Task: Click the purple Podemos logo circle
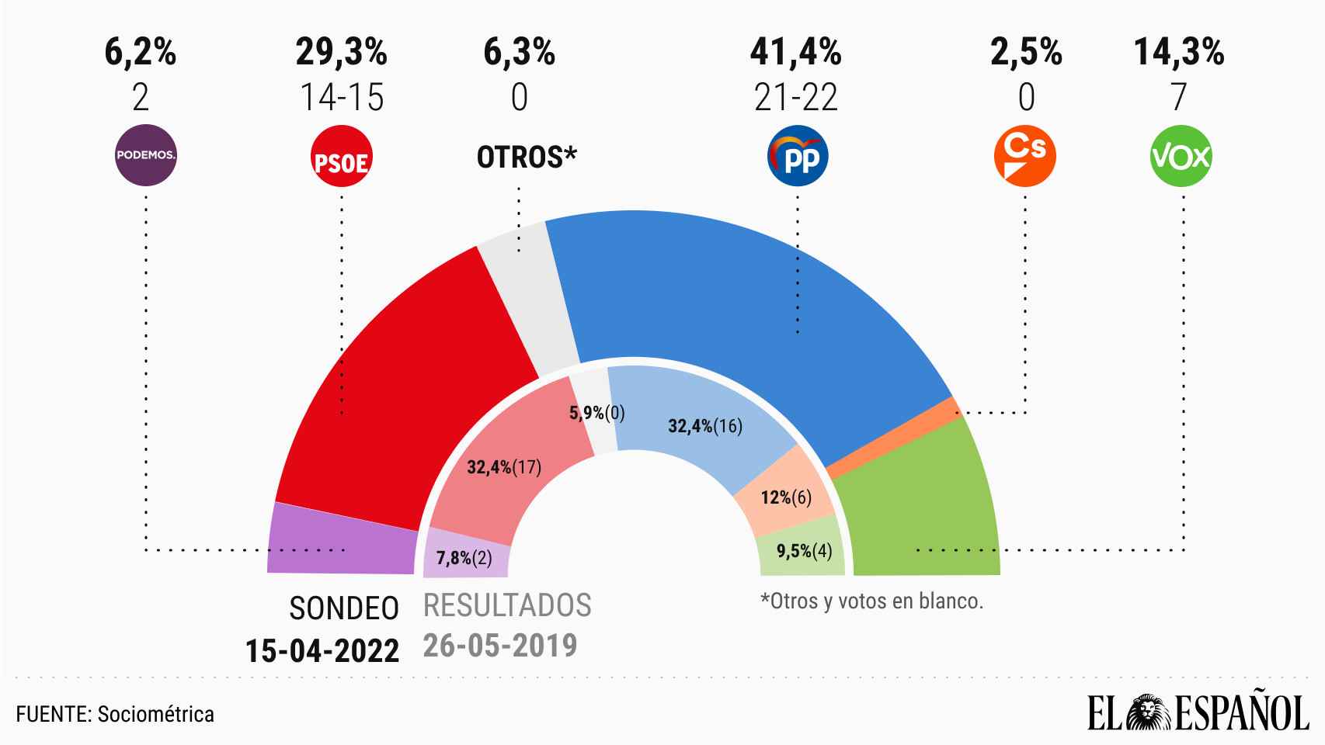pos(146,155)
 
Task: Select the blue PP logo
pos(798,157)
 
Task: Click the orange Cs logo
pos(1025,157)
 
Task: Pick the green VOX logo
pos(1181,157)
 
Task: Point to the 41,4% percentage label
pos(795,53)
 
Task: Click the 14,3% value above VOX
pos(1179,53)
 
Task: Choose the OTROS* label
pos(527,158)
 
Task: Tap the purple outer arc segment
pos(342,539)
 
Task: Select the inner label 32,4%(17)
pos(503,467)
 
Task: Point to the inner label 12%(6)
pos(786,497)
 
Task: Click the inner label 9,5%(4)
pos(805,552)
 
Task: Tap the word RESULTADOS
pos(507,605)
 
